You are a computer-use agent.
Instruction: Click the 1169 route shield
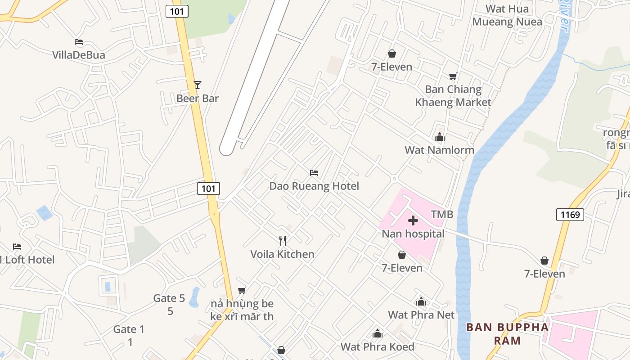coord(570,215)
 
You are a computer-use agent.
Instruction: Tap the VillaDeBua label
coord(79,55)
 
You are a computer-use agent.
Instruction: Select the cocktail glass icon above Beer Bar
coord(197,85)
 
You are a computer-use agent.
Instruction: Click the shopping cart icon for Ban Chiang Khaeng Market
coord(453,76)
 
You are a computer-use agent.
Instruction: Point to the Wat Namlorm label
coord(439,150)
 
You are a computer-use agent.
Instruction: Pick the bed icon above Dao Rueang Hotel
coord(314,173)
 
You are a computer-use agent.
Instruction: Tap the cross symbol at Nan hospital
coord(413,220)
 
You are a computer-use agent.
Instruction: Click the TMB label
coord(442,214)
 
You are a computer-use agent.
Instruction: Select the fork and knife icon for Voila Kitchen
coord(283,241)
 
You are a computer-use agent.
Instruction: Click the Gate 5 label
coord(169,298)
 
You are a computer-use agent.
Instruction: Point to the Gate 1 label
coord(129,329)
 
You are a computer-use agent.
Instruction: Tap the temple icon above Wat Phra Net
coord(421,301)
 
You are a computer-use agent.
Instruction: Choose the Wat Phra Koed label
coord(377,346)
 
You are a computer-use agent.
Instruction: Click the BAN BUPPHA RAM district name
coord(507,333)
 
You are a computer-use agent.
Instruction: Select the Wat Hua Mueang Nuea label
coord(507,15)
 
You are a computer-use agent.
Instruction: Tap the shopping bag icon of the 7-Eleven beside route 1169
coord(544,261)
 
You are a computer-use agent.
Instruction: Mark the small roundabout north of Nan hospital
coord(394,179)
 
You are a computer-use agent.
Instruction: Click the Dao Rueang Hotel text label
coord(314,186)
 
